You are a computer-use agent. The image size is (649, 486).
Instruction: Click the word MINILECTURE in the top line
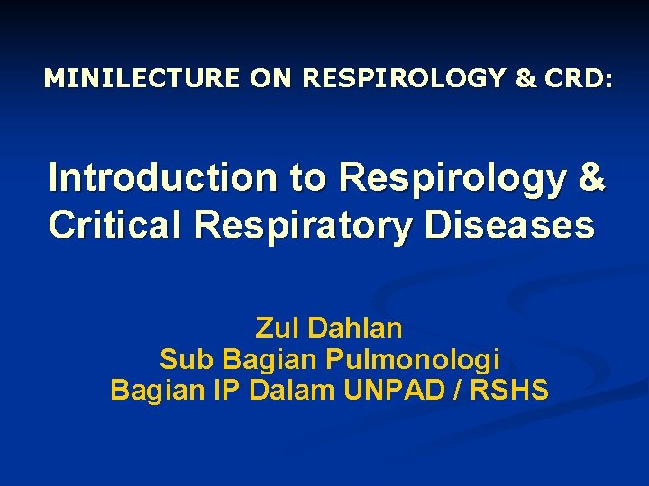click(x=142, y=79)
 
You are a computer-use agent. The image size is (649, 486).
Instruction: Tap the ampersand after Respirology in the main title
click(x=592, y=178)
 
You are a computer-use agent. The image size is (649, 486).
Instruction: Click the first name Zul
click(x=278, y=328)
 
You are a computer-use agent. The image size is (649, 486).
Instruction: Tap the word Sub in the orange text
click(x=186, y=360)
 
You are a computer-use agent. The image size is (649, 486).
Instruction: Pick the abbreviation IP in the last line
click(x=225, y=391)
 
